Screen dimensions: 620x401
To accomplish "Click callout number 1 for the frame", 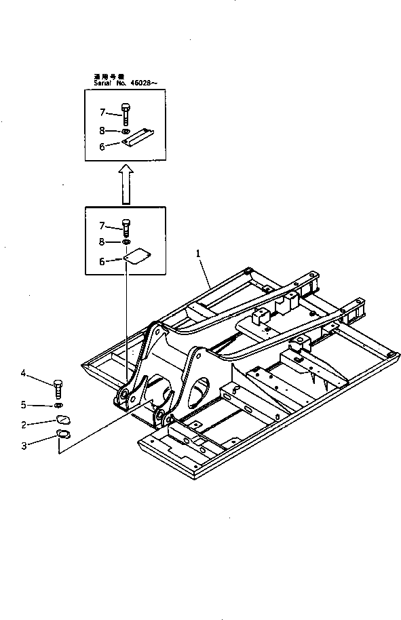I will (x=198, y=253).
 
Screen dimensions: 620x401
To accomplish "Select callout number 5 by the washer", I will (x=23, y=405).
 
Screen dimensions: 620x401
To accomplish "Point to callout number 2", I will (x=23, y=425).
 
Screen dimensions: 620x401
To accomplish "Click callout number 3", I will (x=23, y=445).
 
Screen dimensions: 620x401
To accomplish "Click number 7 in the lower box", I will (x=102, y=225).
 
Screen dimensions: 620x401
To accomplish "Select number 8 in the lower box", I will (x=102, y=241).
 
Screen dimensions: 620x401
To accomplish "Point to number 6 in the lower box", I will (x=102, y=260).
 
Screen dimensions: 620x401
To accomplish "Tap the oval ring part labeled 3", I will (x=62, y=435).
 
